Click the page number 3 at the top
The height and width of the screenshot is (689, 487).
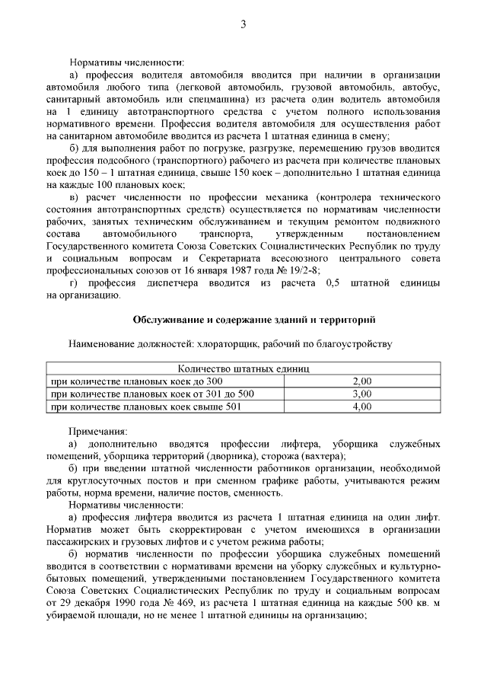[x=243, y=24]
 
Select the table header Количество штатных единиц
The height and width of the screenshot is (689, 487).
[x=243, y=368]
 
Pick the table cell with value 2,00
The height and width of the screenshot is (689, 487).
[x=361, y=381]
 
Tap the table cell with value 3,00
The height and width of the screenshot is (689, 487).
[x=361, y=394]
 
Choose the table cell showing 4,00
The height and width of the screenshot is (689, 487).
[x=361, y=407]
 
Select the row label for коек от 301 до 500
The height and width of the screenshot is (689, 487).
[x=152, y=394]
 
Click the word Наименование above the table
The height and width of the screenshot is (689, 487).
[x=105, y=344]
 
